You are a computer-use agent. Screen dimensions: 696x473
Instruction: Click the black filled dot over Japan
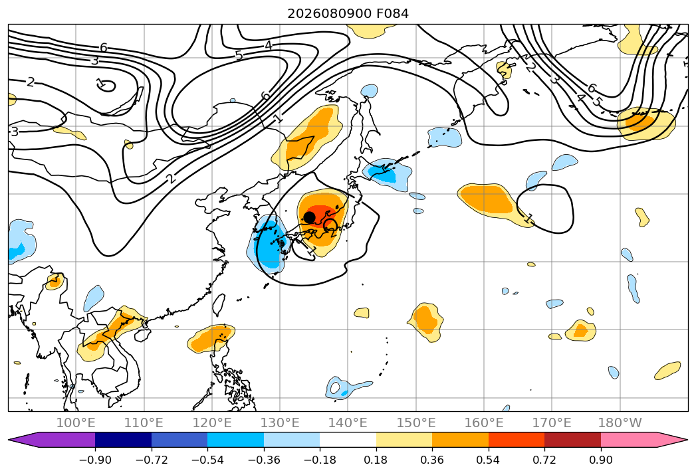pos(309,217)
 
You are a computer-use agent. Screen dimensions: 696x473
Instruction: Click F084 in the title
pos(392,14)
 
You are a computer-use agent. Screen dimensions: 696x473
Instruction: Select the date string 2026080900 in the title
pos(329,14)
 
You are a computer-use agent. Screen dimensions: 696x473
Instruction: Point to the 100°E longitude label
pos(76,423)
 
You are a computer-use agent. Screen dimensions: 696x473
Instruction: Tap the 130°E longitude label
pos(280,423)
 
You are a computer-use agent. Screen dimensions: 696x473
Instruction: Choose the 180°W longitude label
pos(620,423)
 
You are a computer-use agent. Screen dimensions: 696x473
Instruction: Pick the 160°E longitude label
pos(484,423)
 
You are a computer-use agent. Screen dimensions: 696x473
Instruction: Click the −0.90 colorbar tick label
pos(95,460)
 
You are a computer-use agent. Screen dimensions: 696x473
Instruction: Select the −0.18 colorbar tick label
pos(320,460)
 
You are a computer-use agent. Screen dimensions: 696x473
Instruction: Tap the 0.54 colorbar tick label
pos(488,460)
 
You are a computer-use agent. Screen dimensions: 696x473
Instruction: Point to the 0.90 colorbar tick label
pos(600,460)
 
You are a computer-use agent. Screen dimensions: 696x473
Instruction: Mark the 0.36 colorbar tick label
pos(432,460)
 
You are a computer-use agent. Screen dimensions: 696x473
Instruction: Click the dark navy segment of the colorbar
pos(123,440)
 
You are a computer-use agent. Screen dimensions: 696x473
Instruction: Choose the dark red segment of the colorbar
pos(572,440)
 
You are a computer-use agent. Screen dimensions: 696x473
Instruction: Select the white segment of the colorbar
pos(348,440)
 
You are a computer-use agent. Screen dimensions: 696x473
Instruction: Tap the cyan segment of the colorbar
pos(235,440)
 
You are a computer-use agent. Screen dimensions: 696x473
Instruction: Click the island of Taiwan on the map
pos(219,304)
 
